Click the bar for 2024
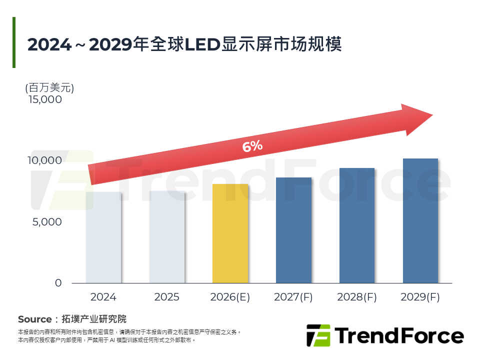pyautogui.click(x=103, y=237)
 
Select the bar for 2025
pyautogui.click(x=167, y=237)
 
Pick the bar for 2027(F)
pyautogui.click(x=293, y=230)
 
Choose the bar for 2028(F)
pyautogui.click(x=357, y=225)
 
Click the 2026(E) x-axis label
pyautogui.click(x=230, y=297)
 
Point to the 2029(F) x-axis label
pyautogui.click(x=420, y=297)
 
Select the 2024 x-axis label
pyautogui.click(x=103, y=297)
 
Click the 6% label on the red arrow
pyautogui.click(x=252, y=146)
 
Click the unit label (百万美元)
pyautogui.click(x=49, y=88)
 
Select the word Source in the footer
pyautogui.click(x=34, y=319)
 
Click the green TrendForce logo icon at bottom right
pyautogui.click(x=318, y=335)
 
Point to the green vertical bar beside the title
pyautogui.click(x=14, y=42)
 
